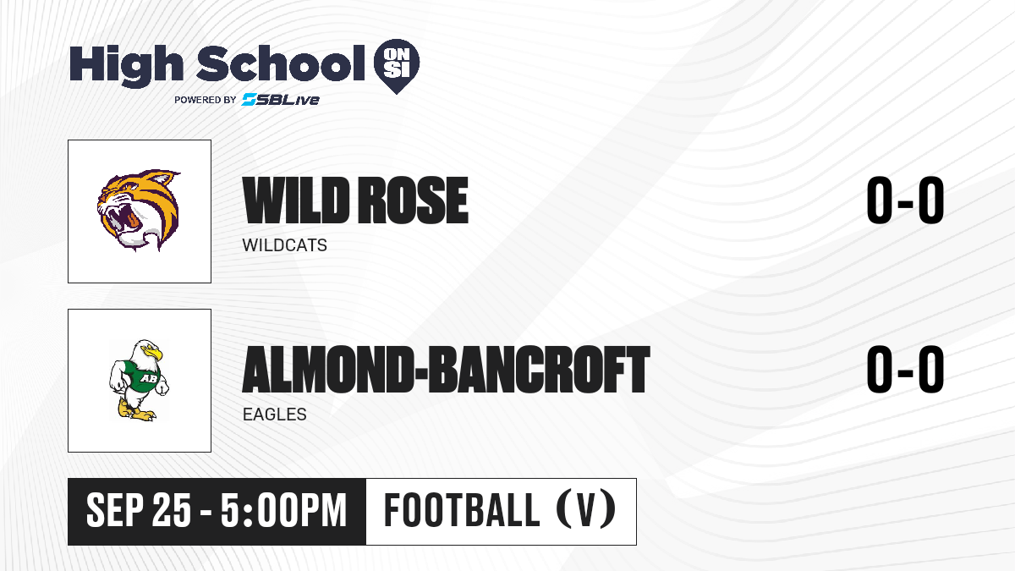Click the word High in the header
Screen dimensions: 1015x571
126,65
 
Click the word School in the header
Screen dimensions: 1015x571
281,63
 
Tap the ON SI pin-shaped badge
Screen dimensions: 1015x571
397,66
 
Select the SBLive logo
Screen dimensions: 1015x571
281,100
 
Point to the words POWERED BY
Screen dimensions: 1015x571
206,100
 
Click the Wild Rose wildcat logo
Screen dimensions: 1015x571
139,211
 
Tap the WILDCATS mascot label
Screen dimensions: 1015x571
284,245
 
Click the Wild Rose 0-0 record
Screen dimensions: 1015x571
905,200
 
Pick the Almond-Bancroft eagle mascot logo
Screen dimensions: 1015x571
139,380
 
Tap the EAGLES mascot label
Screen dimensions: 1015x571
275,415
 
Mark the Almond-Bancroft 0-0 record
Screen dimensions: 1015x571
905,370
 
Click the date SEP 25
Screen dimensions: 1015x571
139,511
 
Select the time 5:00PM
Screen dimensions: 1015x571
283,511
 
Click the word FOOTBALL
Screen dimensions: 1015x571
462,511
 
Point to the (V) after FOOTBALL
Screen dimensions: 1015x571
586,511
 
